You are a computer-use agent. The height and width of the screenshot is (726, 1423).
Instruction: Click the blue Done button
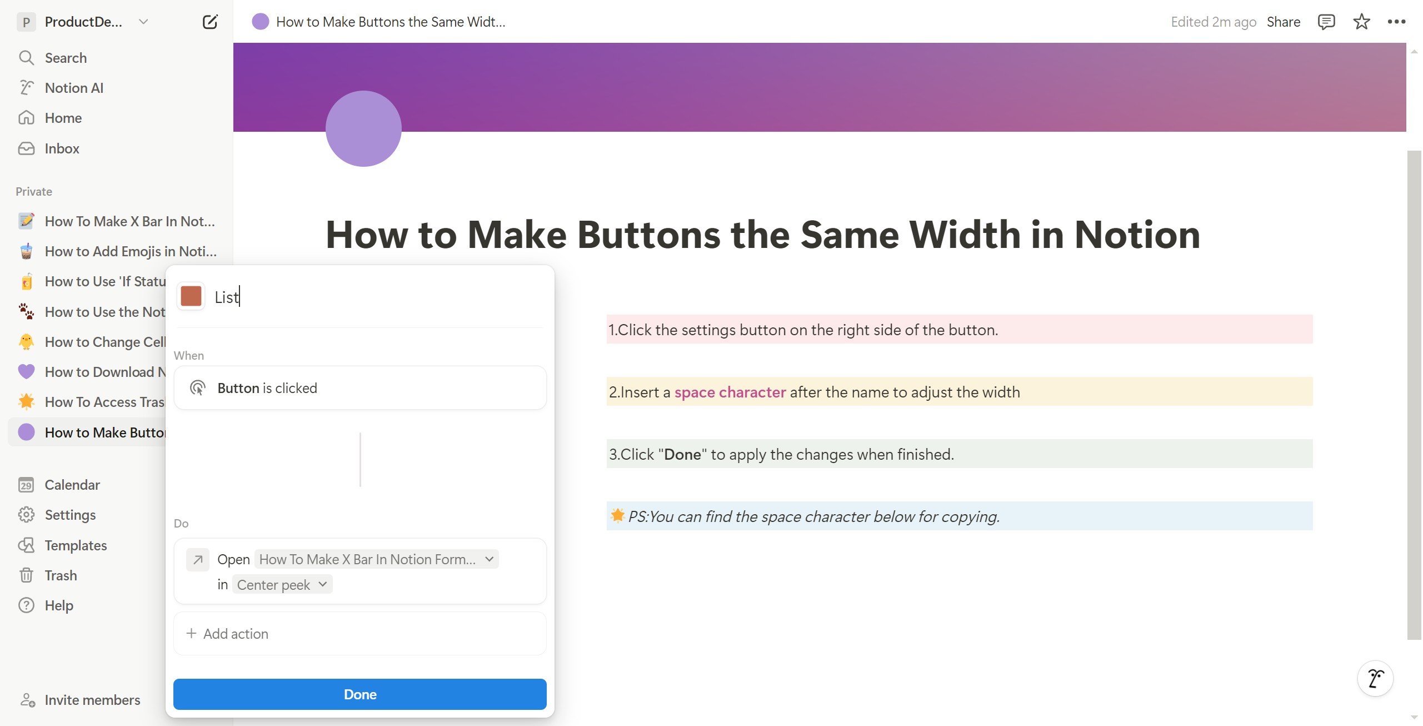(x=360, y=694)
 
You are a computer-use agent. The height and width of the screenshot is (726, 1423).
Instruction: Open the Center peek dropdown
(x=282, y=585)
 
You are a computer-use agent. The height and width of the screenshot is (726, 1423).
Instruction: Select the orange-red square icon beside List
(x=191, y=296)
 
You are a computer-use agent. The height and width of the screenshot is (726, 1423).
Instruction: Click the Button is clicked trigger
(x=360, y=388)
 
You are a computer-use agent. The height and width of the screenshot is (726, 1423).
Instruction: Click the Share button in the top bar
(x=1284, y=22)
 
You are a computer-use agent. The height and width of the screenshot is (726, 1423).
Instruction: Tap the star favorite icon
(x=1361, y=22)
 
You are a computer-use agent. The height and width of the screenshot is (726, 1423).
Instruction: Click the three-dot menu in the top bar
(x=1396, y=22)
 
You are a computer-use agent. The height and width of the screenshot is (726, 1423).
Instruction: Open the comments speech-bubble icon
(x=1326, y=22)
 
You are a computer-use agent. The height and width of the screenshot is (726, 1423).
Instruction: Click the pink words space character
(x=730, y=392)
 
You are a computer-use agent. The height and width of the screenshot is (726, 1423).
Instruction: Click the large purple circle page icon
(x=363, y=128)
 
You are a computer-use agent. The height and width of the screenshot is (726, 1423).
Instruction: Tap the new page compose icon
(x=210, y=22)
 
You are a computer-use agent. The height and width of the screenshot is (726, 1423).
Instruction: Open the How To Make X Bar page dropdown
(x=376, y=559)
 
